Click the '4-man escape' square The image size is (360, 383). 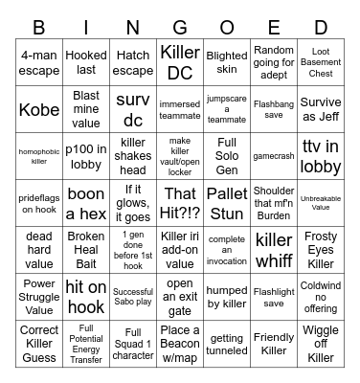39,63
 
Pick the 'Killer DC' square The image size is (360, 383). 180,63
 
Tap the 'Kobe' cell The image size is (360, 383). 39,110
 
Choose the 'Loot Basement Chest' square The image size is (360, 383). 321,63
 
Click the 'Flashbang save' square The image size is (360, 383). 274,110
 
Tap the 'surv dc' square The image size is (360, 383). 133,110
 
